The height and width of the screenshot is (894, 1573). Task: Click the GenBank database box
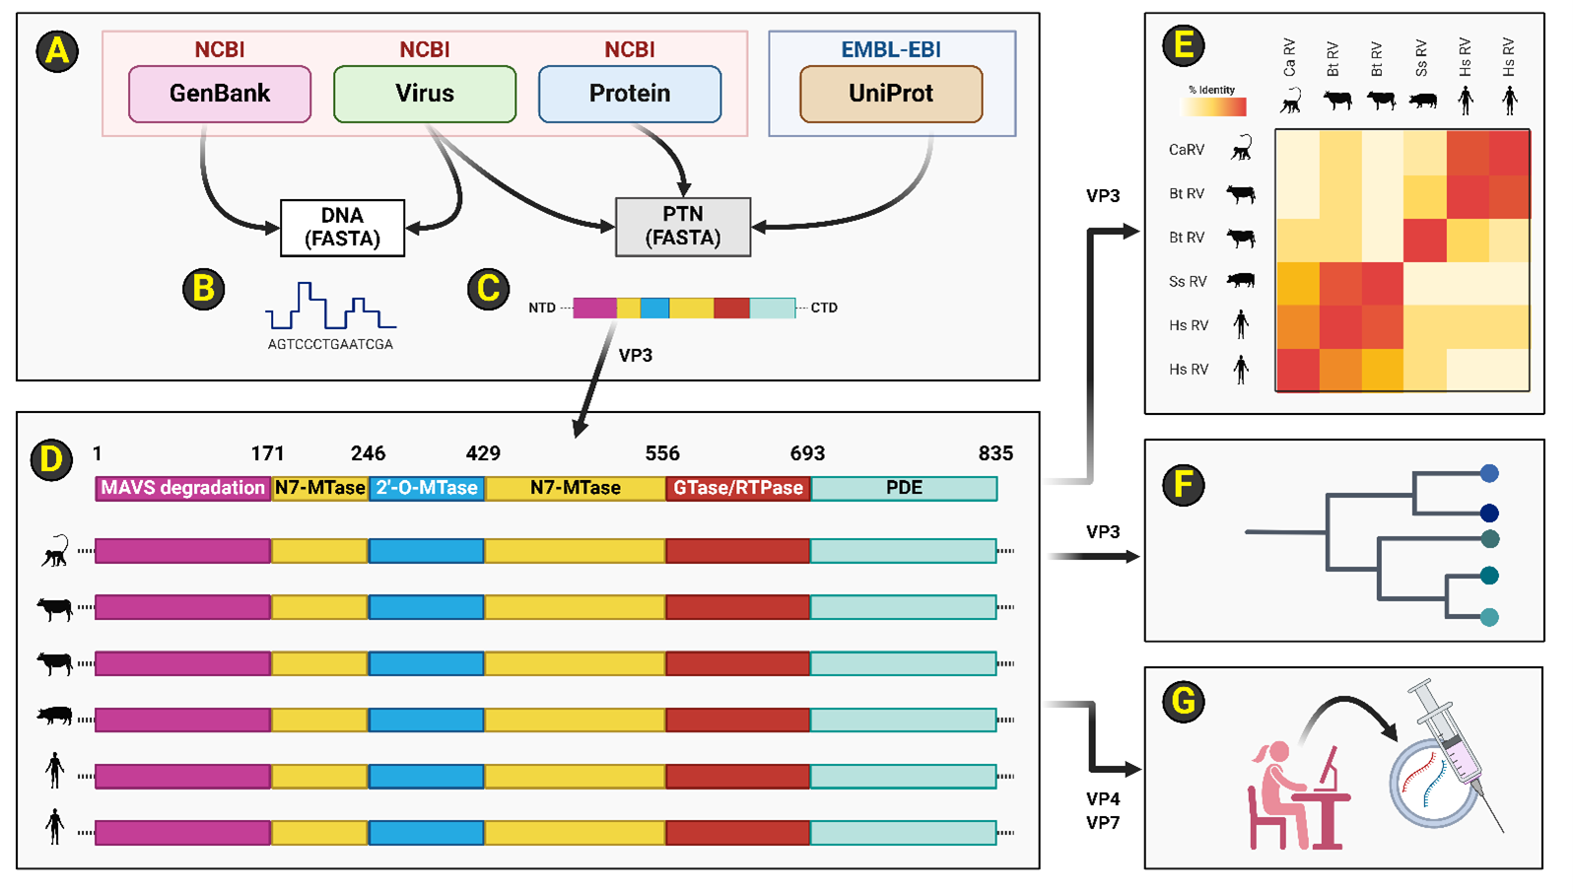point(220,94)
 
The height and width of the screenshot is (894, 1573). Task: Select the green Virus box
point(425,94)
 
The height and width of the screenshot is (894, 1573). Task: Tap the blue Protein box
point(630,94)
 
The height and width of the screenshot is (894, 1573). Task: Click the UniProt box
point(891,94)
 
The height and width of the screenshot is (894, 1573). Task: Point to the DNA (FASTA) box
point(342,228)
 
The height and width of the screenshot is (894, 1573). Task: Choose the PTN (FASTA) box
point(683,227)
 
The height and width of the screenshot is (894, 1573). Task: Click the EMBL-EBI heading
point(891,49)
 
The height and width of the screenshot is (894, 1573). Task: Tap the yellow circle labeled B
point(204,289)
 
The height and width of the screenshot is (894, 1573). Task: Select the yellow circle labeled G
point(1183,702)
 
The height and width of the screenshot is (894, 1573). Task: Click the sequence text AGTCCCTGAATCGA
point(330,345)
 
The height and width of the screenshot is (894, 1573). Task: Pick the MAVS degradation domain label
point(183,488)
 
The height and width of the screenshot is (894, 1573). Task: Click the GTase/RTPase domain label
point(738,488)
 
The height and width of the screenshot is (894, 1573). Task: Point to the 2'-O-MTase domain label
point(427,488)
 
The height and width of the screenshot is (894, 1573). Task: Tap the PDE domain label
point(904,488)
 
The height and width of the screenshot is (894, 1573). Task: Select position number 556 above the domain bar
point(662,453)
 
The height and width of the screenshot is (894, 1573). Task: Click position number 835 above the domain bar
point(995,453)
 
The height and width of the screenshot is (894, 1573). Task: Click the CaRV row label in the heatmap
point(1187,150)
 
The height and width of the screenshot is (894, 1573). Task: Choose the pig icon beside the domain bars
point(55,716)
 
